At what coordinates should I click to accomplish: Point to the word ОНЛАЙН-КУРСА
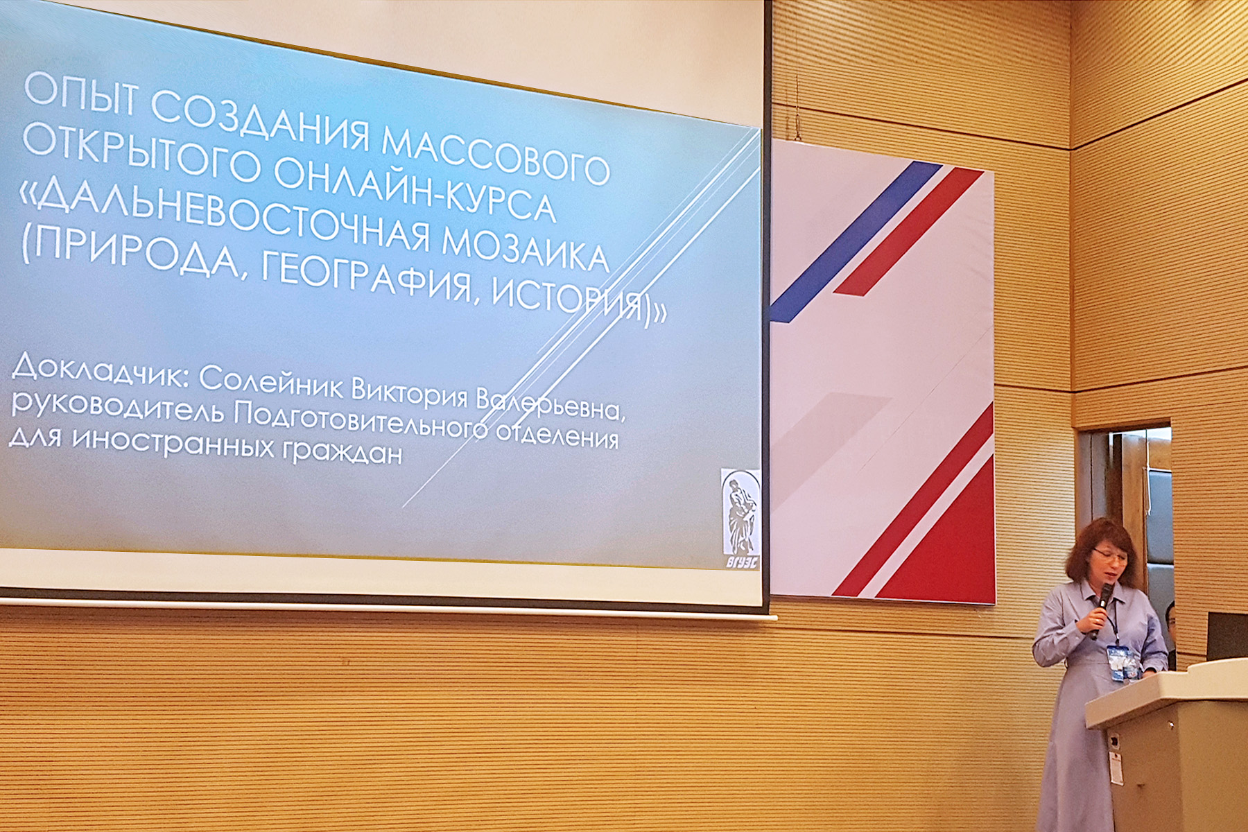point(415,191)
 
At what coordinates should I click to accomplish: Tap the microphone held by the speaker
point(1100,610)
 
